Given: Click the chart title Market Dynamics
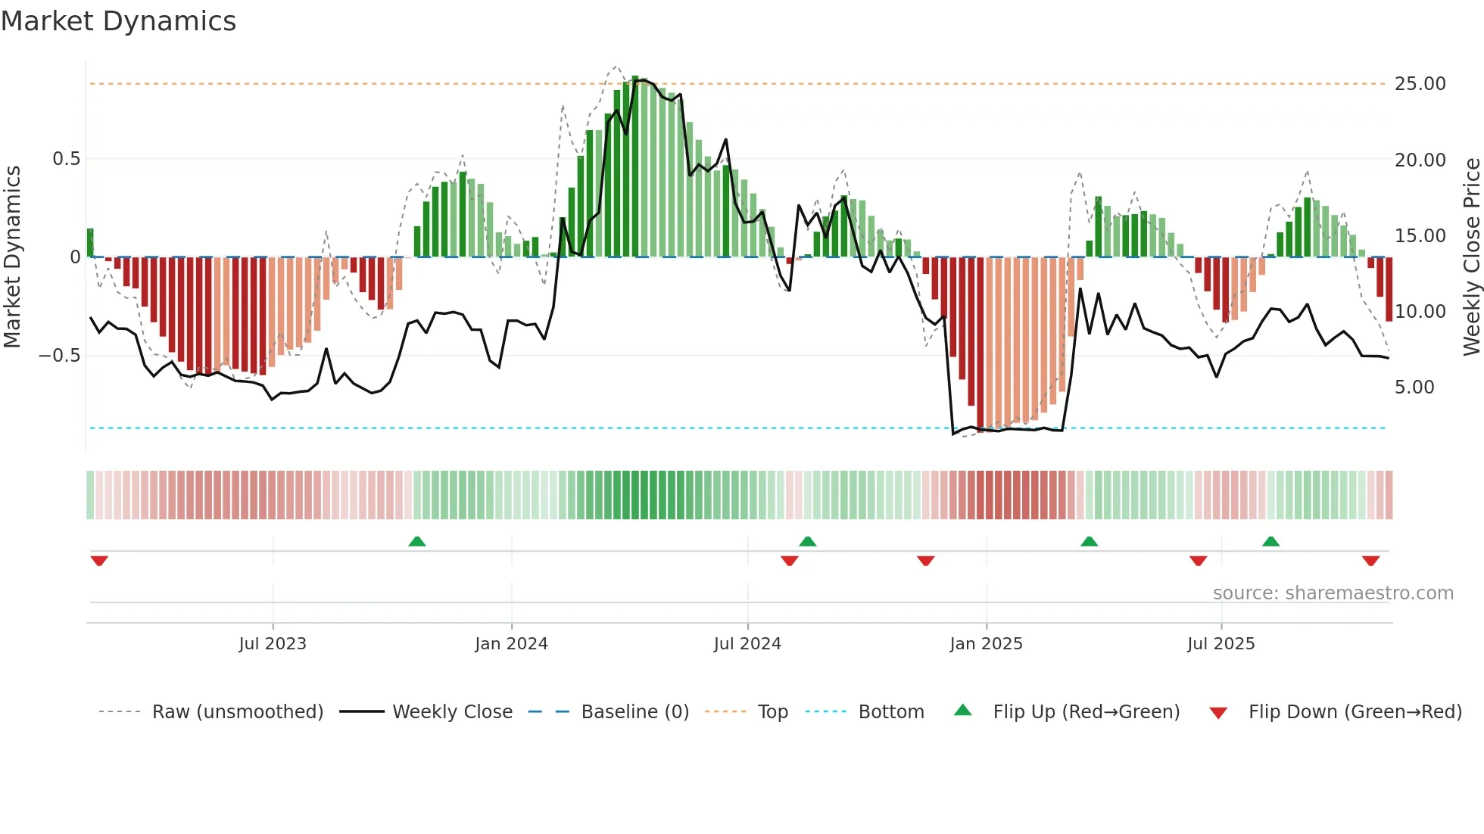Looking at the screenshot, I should click(x=119, y=21).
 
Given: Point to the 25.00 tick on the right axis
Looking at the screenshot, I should click(x=1420, y=84).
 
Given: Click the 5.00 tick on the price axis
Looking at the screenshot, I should click(x=1414, y=387).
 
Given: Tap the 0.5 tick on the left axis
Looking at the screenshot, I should click(x=66, y=159).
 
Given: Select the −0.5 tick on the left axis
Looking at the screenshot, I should click(x=60, y=356).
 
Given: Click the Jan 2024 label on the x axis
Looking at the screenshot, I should click(x=511, y=644).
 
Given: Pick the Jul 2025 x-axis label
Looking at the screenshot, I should click(x=1221, y=644).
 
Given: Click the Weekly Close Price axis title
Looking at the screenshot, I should click(x=1471, y=257).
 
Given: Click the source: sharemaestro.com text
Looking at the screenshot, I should click(x=1333, y=593).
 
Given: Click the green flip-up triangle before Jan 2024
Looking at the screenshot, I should click(x=417, y=541).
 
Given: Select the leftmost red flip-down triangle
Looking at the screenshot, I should click(x=99, y=561).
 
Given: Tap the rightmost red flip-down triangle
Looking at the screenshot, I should click(x=1370, y=561).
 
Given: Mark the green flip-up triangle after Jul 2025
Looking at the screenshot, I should click(x=1270, y=541).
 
